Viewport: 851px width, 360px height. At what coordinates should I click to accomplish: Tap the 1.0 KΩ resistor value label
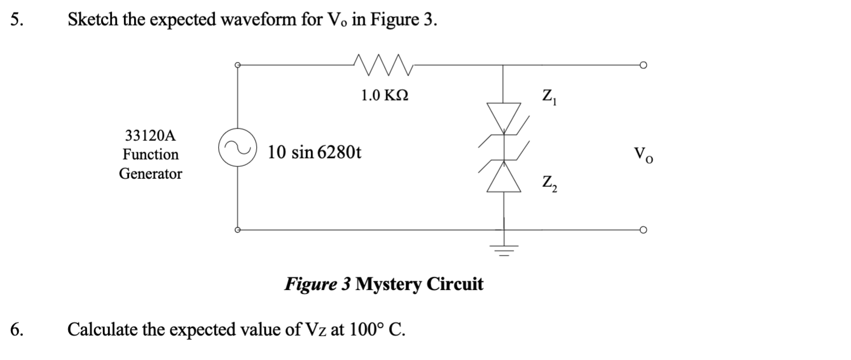[x=385, y=95]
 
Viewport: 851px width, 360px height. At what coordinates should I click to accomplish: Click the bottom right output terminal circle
[x=644, y=230]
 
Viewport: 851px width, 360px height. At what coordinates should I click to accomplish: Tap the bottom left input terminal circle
[x=239, y=230]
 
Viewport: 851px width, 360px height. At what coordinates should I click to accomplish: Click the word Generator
[x=151, y=174]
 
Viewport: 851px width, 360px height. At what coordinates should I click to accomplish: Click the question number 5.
[x=17, y=20]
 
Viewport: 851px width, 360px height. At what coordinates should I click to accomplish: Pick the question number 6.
[x=17, y=329]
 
